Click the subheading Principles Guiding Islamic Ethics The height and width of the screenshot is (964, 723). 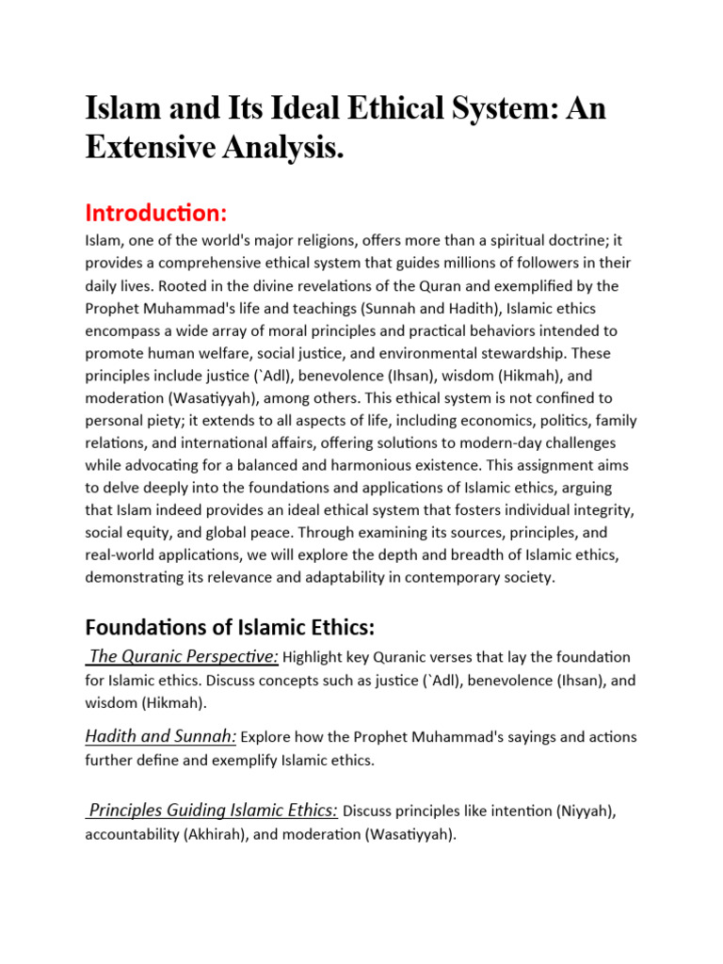tap(213, 810)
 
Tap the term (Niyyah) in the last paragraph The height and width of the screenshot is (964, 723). tap(581, 811)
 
